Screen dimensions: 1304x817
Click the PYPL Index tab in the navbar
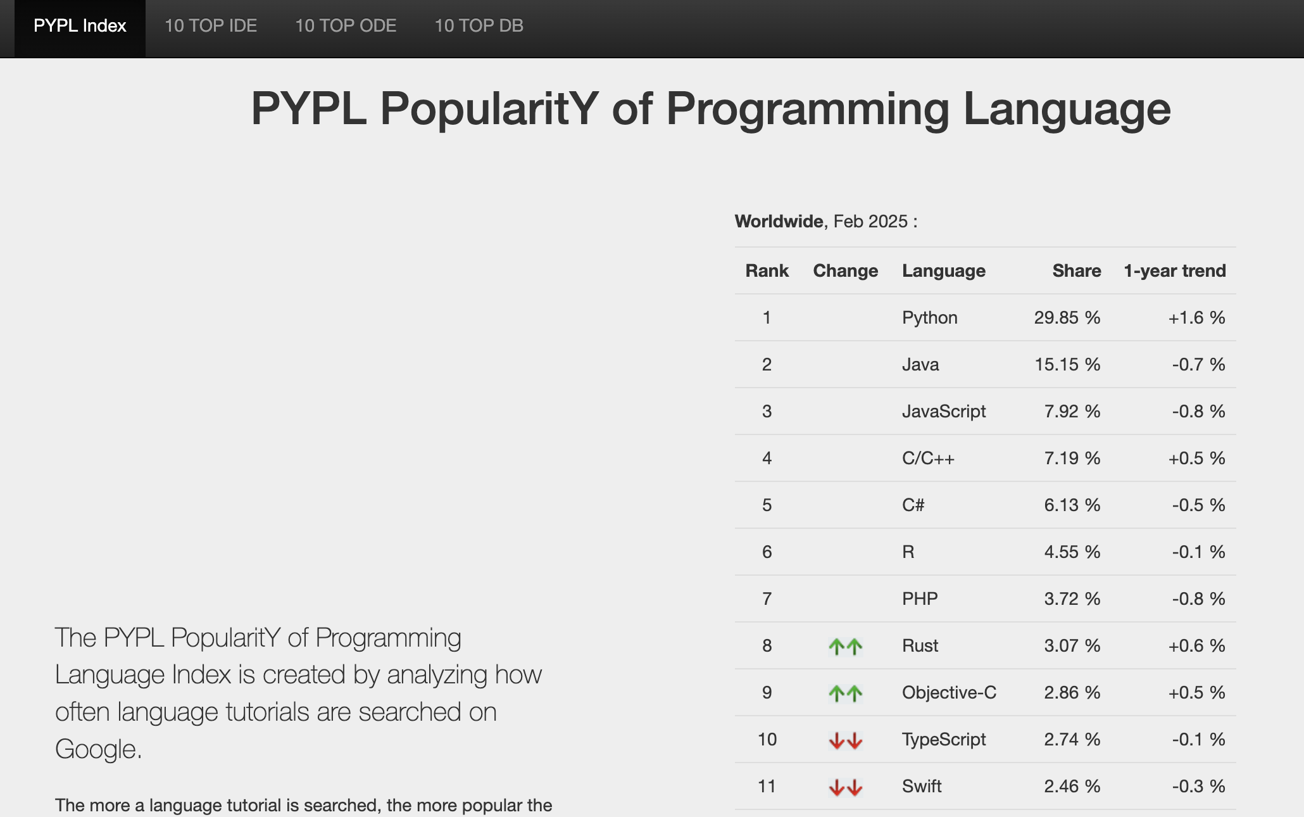click(x=80, y=26)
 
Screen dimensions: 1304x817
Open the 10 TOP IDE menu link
click(x=211, y=26)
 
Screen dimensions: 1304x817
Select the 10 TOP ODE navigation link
click(x=346, y=26)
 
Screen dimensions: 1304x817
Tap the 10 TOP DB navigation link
click(x=479, y=26)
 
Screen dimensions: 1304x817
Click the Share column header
click(x=1077, y=271)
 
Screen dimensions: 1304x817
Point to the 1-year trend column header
click(x=1175, y=271)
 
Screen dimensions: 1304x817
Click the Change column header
click(x=846, y=271)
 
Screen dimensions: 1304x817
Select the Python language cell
click(x=929, y=318)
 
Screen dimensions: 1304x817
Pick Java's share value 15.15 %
click(x=1067, y=365)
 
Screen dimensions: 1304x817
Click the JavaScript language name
click(x=944, y=412)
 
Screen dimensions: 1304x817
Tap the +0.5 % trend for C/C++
click(x=1196, y=459)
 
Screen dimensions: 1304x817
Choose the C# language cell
click(x=913, y=505)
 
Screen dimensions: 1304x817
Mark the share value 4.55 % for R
click(x=1072, y=552)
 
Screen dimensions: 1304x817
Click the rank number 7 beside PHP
click(x=767, y=599)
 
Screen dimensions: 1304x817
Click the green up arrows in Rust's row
click(x=846, y=646)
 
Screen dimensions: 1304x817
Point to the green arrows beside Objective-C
click(x=846, y=693)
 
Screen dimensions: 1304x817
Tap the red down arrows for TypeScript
click(x=846, y=740)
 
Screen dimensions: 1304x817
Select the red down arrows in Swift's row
click(x=846, y=787)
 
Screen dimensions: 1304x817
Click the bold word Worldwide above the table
click(x=779, y=222)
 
